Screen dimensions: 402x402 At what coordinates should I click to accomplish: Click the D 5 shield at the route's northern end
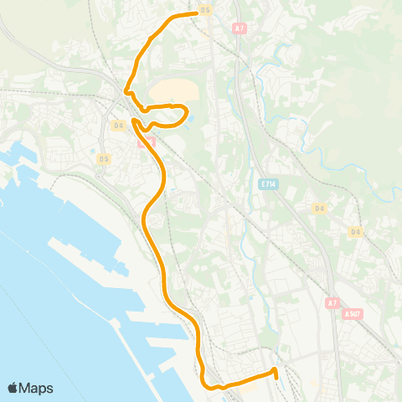click(x=205, y=11)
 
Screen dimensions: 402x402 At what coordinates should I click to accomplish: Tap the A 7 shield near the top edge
click(x=240, y=28)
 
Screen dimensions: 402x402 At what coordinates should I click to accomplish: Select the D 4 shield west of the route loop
click(x=118, y=126)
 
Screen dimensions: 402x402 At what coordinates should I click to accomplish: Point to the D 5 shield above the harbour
click(x=104, y=158)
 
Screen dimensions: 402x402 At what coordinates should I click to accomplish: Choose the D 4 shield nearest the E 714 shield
click(x=319, y=208)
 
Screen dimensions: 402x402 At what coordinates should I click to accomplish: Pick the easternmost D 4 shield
click(x=356, y=231)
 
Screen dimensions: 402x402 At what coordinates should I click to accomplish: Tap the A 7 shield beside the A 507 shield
click(x=332, y=302)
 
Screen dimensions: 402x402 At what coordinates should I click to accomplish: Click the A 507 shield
click(x=353, y=314)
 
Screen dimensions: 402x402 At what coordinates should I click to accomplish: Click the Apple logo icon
click(x=13, y=388)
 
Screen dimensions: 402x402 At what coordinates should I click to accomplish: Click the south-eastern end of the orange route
click(x=276, y=369)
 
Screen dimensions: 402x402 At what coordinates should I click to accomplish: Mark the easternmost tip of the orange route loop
click(x=187, y=112)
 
